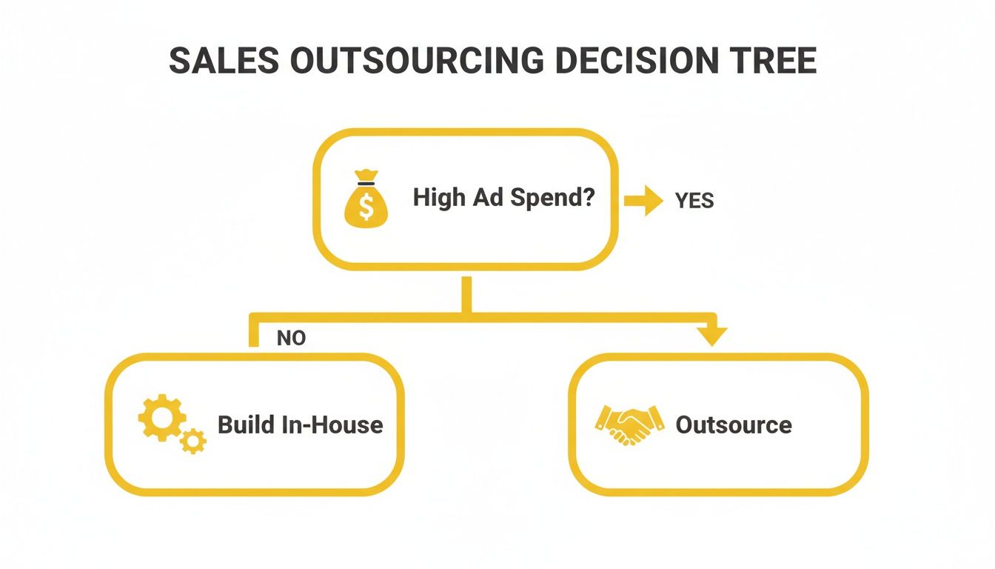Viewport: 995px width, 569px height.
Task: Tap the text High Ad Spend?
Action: point(503,198)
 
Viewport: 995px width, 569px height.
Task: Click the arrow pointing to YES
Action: point(643,200)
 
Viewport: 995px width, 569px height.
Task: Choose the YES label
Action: point(694,201)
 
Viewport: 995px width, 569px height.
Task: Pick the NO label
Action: point(291,339)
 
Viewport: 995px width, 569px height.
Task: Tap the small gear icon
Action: point(194,441)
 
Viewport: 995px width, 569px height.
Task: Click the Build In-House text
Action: point(300,425)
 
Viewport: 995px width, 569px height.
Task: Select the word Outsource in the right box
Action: point(734,425)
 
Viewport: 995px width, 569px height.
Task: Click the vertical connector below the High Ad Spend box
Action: point(466,295)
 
